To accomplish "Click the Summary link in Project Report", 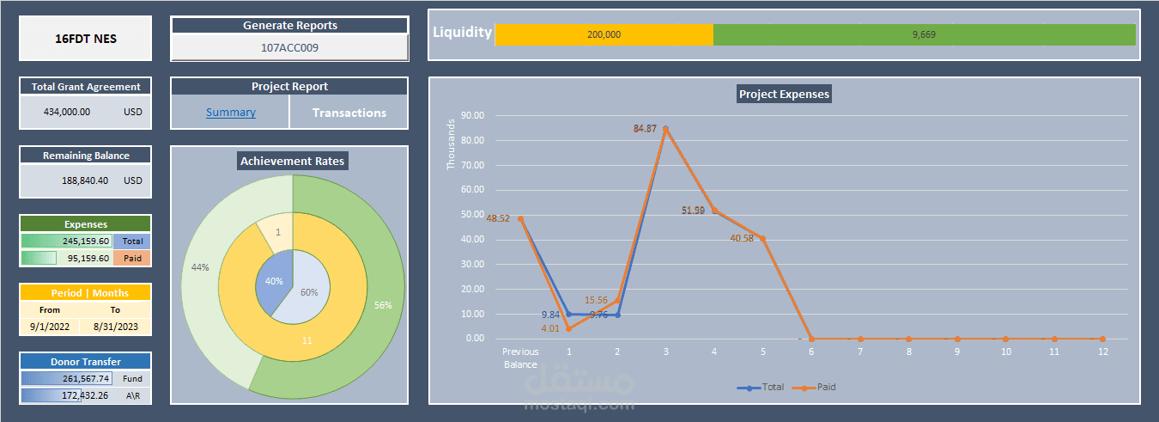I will pyautogui.click(x=230, y=113).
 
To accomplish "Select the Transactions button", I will pyautogui.click(x=349, y=113).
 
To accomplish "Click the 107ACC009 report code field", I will pyautogui.click(x=289, y=48).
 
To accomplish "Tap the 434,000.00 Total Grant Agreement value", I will pyautogui.click(x=66, y=112).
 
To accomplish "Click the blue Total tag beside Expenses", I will pyautogui.click(x=132, y=242).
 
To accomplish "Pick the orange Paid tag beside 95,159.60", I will pyautogui.click(x=132, y=258).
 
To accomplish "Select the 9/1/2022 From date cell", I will pyautogui.click(x=50, y=327).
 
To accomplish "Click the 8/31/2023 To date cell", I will pyautogui.click(x=115, y=327).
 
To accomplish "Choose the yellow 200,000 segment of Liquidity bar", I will pyautogui.click(x=604, y=34).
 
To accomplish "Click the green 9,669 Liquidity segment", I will pyautogui.click(x=924, y=34).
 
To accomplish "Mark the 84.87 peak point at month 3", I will pyautogui.click(x=665, y=129).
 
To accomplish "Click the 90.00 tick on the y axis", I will pyautogui.click(x=473, y=115).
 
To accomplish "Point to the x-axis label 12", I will pyautogui.click(x=1102, y=352).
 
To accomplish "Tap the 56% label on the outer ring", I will pyautogui.click(x=383, y=305).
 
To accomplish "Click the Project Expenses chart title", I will pyautogui.click(x=784, y=94).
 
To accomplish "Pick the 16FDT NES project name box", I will pyautogui.click(x=86, y=39).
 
